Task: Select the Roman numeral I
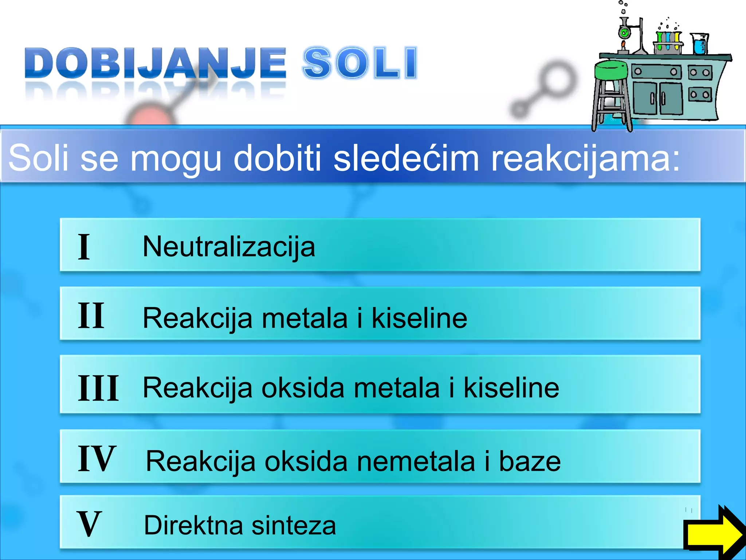[84, 247]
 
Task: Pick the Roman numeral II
[91, 316]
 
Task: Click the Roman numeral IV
[97, 459]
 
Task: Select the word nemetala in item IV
[416, 462]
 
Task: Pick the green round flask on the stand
[624, 33]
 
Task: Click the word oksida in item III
[303, 388]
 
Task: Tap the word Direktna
[193, 525]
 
